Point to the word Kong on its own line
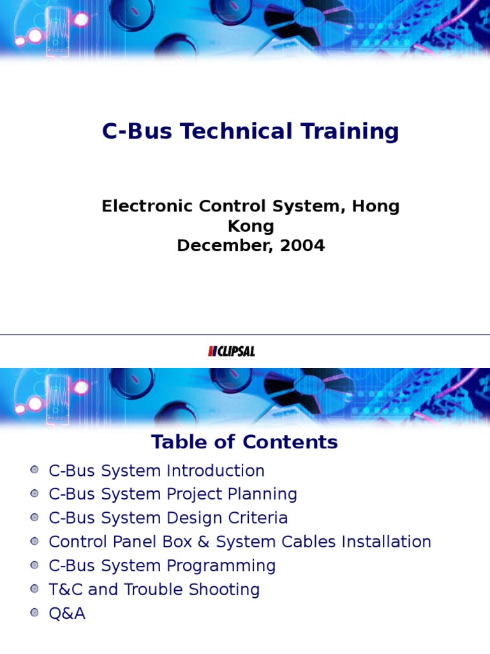251,226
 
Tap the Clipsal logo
231,351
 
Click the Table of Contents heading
244,442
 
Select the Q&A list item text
67,613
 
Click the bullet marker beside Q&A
34,612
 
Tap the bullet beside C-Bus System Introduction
34,470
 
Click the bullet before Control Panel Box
34,541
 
